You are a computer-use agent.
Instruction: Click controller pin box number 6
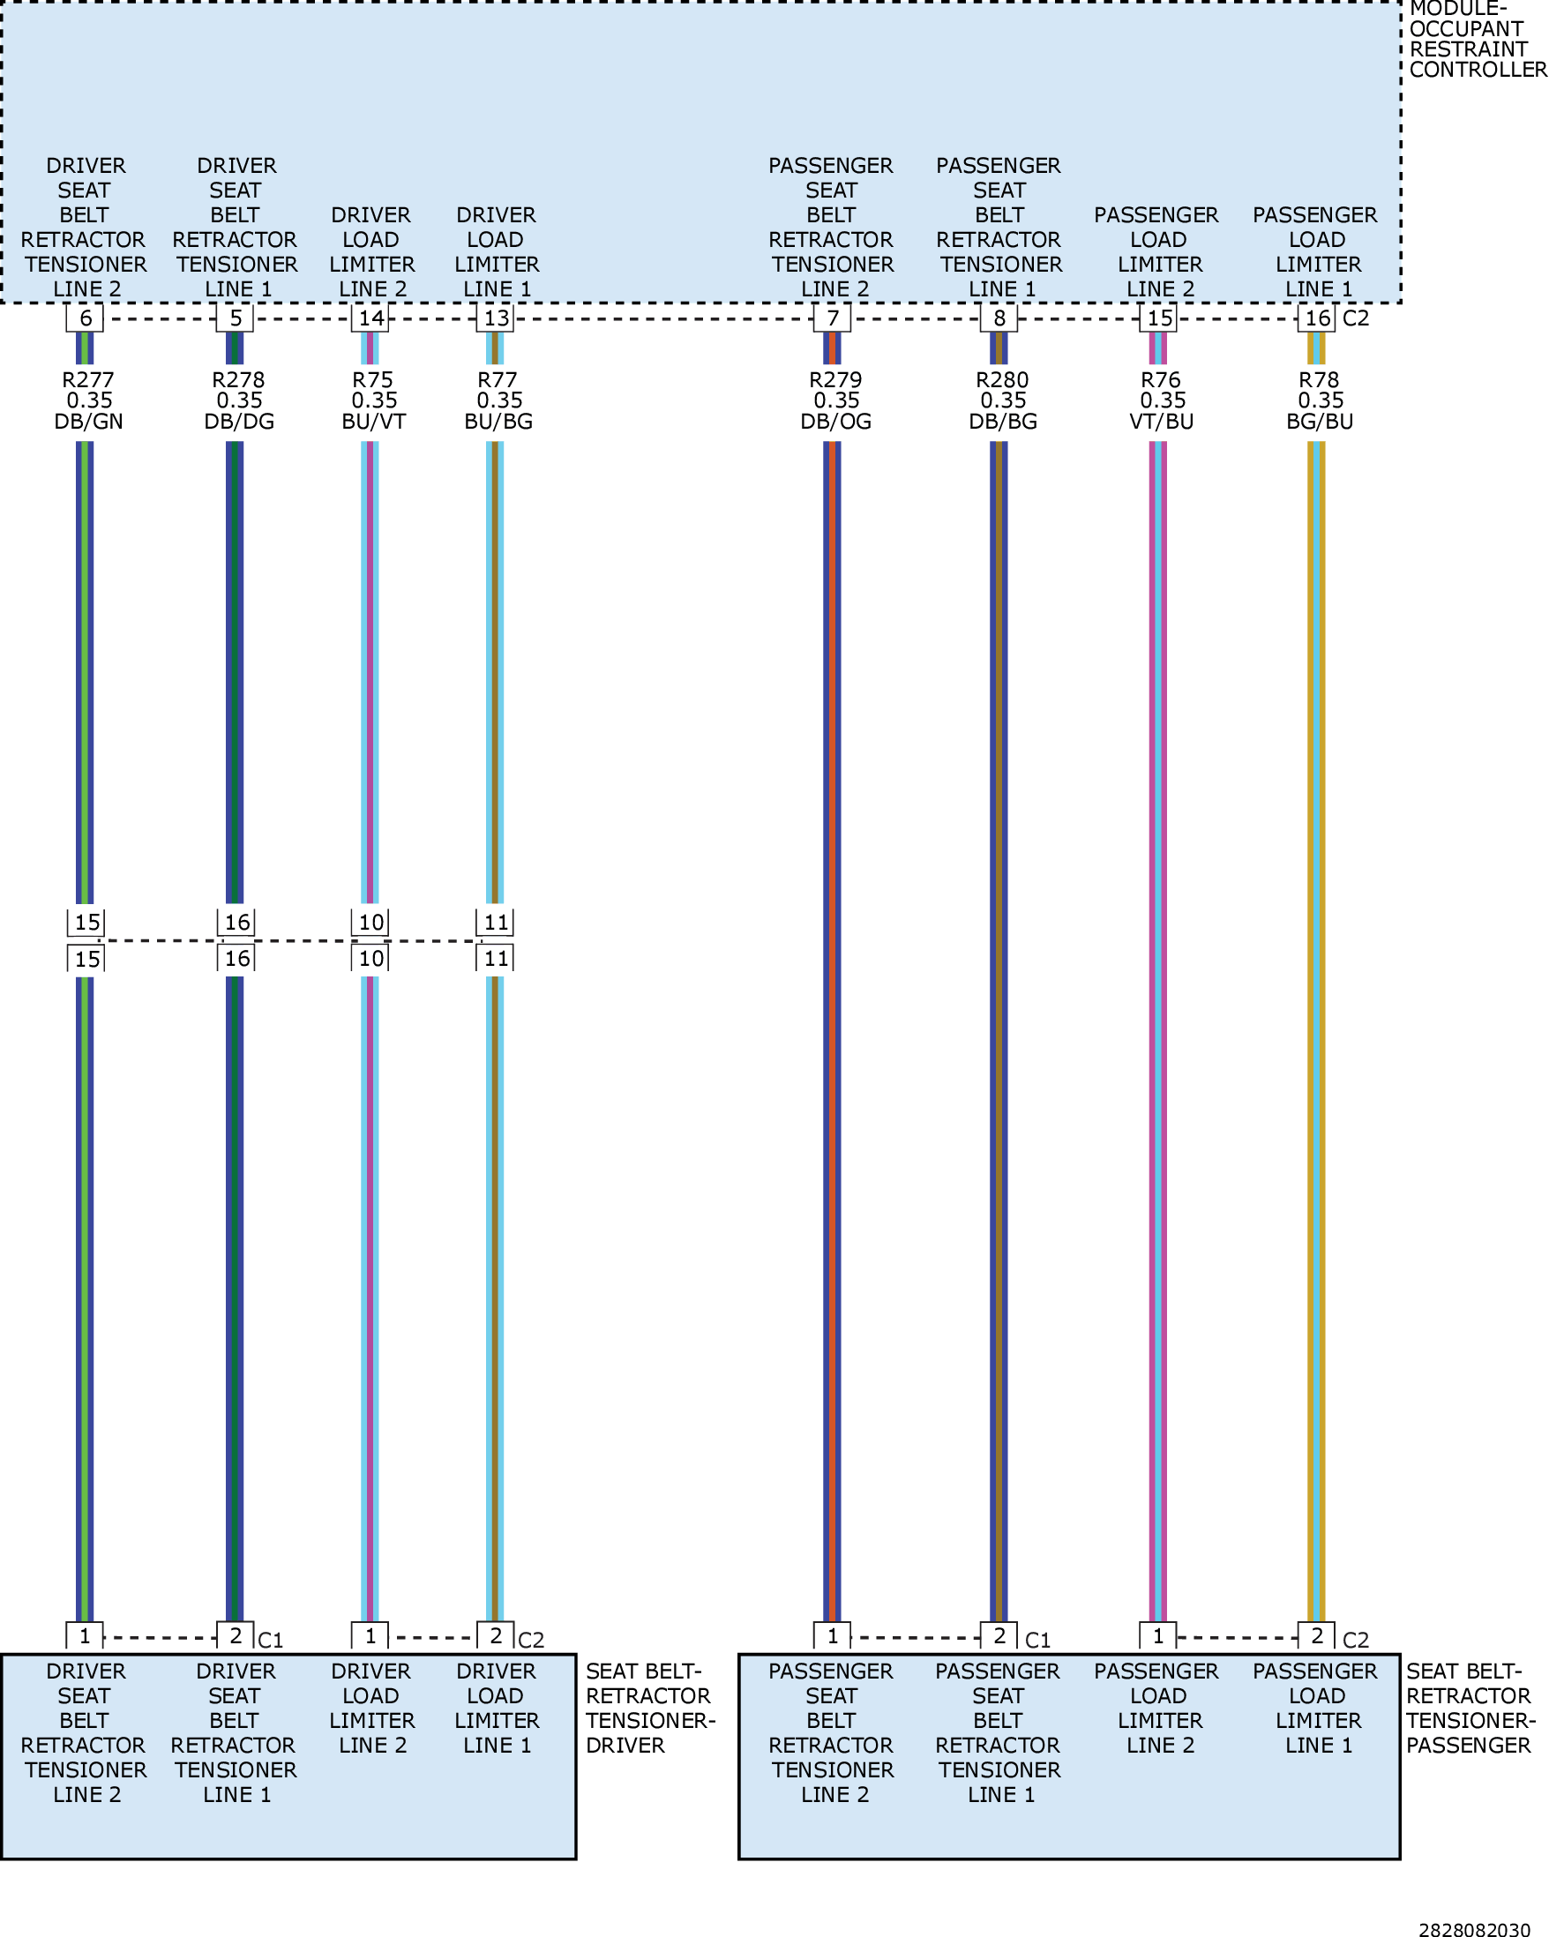(x=85, y=318)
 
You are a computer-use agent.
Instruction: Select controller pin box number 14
(x=370, y=318)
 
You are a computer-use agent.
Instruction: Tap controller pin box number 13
(x=495, y=318)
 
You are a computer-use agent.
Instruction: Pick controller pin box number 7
(x=832, y=318)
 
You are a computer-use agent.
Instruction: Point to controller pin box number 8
(x=999, y=318)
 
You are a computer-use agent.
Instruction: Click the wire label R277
(x=88, y=380)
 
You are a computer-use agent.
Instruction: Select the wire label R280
(x=1003, y=380)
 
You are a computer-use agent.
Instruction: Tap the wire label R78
(x=1319, y=380)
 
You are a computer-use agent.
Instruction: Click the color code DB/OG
(x=835, y=422)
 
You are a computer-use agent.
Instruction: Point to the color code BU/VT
(x=374, y=422)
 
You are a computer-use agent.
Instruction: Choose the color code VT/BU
(x=1162, y=422)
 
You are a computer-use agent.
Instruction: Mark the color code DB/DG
(x=239, y=422)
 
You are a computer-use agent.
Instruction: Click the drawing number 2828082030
(x=1474, y=1929)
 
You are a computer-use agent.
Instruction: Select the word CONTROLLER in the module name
(x=1478, y=70)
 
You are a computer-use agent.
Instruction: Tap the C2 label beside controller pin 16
(x=1356, y=319)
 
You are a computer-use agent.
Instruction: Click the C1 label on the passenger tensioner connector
(x=1037, y=1641)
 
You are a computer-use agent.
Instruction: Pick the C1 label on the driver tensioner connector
(x=271, y=1641)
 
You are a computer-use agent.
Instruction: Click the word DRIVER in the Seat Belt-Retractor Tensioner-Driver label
(x=625, y=1746)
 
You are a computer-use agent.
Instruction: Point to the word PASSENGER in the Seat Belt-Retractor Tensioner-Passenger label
(x=1468, y=1746)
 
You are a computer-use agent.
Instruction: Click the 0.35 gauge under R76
(x=1163, y=400)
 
